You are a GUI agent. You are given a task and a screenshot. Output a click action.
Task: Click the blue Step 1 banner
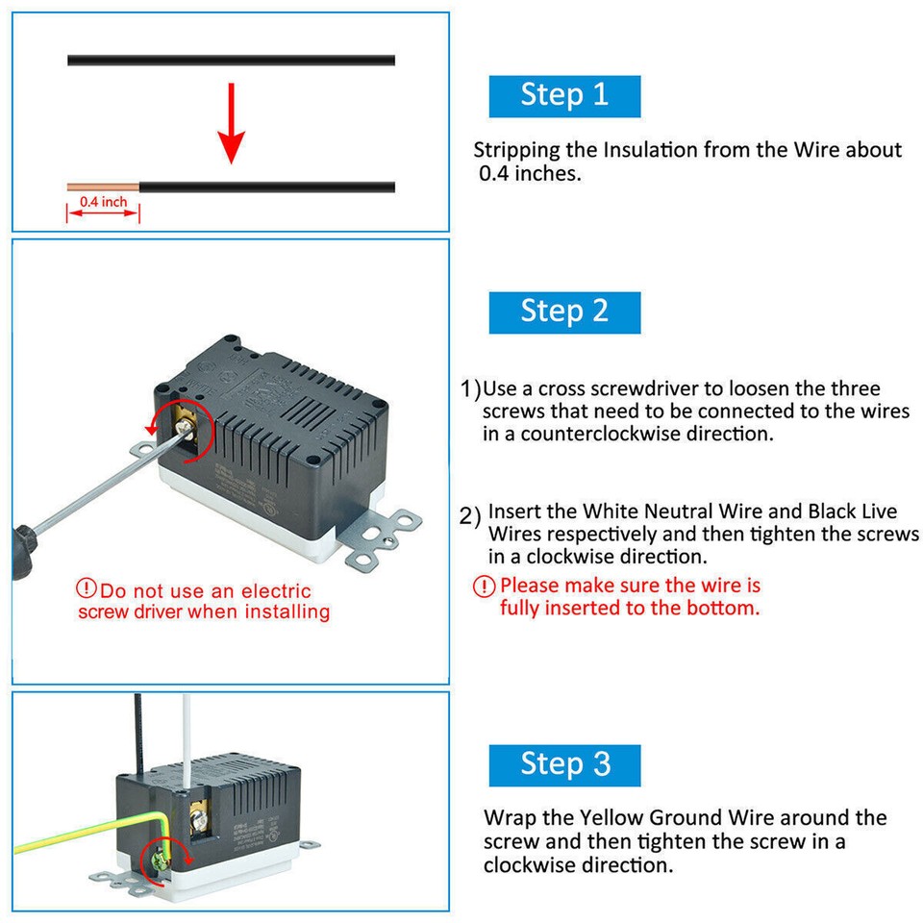tap(564, 95)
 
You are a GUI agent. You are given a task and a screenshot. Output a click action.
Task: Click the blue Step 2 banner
tap(564, 312)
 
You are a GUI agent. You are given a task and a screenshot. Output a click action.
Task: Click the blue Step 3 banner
tap(564, 764)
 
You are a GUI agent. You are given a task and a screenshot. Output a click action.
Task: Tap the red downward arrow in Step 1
tap(230, 124)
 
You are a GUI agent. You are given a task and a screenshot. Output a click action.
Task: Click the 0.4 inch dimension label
tap(103, 202)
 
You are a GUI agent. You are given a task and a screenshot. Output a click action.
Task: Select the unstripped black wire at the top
tap(231, 60)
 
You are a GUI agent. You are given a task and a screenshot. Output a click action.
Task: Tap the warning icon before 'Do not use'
tap(87, 588)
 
